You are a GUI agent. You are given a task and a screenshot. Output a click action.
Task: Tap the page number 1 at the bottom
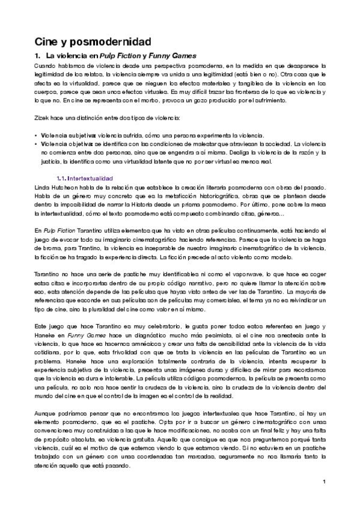click(323, 481)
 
